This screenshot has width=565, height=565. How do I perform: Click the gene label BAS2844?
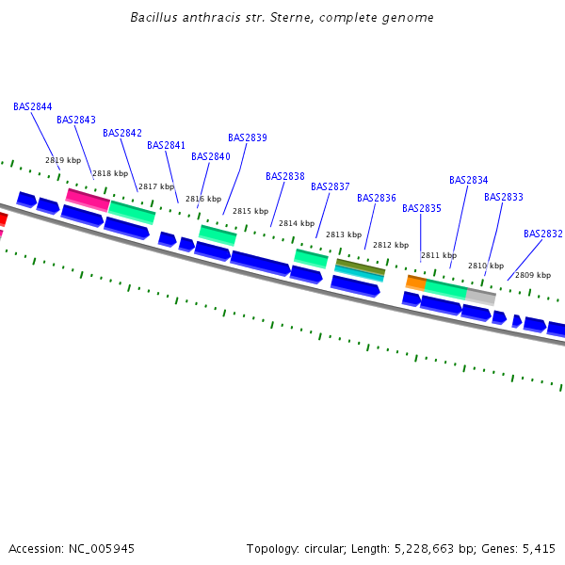click(x=33, y=106)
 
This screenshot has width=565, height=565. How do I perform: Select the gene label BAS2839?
click(x=248, y=137)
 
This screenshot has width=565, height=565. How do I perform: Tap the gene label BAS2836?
click(x=377, y=198)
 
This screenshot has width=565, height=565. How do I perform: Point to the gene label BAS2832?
click(x=543, y=234)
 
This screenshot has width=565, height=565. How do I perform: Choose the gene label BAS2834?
click(x=469, y=180)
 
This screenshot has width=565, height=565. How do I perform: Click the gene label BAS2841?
click(x=167, y=145)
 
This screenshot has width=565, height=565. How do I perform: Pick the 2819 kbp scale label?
click(x=63, y=160)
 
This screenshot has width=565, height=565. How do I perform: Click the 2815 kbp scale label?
click(x=250, y=211)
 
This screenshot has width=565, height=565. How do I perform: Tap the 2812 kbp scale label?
click(x=391, y=245)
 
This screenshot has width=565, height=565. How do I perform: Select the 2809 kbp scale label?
click(x=533, y=275)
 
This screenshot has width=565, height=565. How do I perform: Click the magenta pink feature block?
click(x=88, y=199)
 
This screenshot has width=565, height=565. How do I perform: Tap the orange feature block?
click(x=415, y=282)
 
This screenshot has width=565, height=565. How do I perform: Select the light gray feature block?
click(x=480, y=297)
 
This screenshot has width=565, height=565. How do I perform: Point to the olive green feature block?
click(x=361, y=266)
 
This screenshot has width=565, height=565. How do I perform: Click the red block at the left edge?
click(x=3, y=218)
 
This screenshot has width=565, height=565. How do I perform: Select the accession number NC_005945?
click(x=101, y=548)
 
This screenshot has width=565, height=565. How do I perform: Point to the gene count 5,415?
click(x=539, y=548)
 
